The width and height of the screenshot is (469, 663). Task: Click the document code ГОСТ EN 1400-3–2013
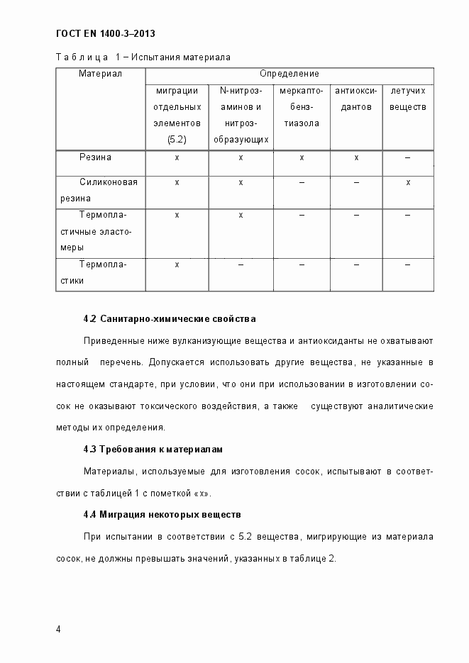[x=105, y=33]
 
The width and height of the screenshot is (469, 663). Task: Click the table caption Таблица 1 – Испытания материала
[x=143, y=57]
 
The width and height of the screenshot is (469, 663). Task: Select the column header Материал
[x=100, y=74]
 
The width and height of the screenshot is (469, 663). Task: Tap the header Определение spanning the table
[x=289, y=74]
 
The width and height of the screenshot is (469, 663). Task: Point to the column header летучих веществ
[x=407, y=99]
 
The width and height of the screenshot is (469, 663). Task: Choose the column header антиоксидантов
[x=355, y=99]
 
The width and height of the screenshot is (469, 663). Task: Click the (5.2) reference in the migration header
[x=177, y=140]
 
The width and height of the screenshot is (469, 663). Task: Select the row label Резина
[x=95, y=157]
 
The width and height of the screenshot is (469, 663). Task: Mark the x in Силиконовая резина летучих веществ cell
[x=408, y=182]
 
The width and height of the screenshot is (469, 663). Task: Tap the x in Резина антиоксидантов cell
[x=356, y=157]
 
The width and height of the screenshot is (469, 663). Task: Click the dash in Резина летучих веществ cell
[x=408, y=157]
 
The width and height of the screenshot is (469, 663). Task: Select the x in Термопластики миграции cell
[x=177, y=264]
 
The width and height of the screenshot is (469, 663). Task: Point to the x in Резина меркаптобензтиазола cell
[x=302, y=157]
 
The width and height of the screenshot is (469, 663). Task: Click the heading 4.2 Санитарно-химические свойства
[x=170, y=318]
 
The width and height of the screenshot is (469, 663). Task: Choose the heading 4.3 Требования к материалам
[x=153, y=450]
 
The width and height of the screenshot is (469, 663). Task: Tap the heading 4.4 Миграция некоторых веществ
[x=162, y=514]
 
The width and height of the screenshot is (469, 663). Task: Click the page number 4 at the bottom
[x=58, y=629]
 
